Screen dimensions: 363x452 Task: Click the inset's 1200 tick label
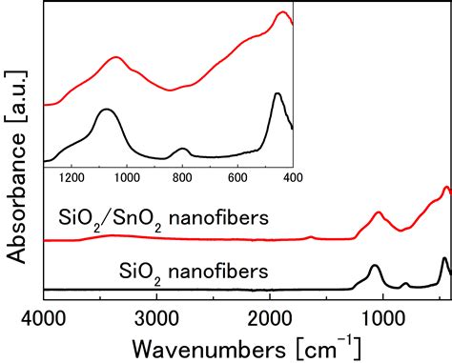click(72, 176)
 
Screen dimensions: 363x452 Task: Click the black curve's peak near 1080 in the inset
click(105, 110)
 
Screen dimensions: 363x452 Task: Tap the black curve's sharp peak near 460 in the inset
click(277, 93)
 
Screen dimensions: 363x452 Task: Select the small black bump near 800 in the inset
click(182, 149)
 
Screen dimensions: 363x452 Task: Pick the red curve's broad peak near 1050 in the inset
click(115, 57)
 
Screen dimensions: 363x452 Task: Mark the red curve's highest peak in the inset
click(282, 12)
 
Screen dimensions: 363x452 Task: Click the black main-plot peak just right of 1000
click(375, 266)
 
